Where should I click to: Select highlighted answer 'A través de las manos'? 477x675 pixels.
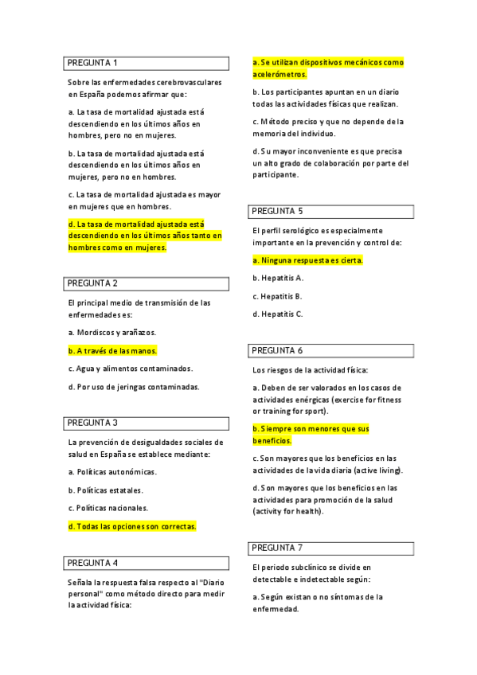pos(112,350)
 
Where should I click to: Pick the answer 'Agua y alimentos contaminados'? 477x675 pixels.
pos(131,369)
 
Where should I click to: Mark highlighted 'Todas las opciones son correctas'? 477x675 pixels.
pos(132,526)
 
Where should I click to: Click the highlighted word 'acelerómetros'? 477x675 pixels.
pos(280,74)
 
